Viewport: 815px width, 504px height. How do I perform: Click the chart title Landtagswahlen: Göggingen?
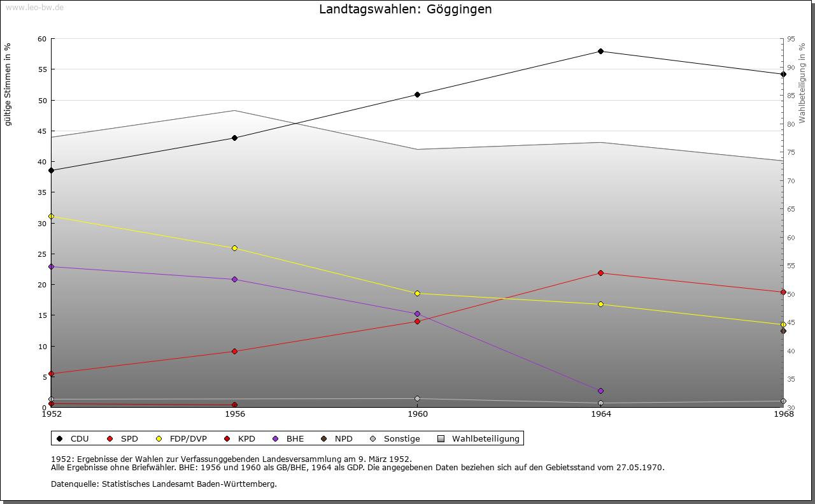tap(405, 10)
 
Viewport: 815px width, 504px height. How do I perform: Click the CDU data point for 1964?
tap(600, 51)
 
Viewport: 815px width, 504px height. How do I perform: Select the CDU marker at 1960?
tap(418, 94)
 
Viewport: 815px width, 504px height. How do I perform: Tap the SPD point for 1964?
tap(600, 273)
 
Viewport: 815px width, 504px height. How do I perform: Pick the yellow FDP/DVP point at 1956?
tap(234, 248)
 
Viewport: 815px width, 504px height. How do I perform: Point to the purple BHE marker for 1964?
tap(600, 391)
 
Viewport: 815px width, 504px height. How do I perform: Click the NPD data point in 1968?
tap(783, 331)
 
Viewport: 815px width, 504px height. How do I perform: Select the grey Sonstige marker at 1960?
tap(418, 399)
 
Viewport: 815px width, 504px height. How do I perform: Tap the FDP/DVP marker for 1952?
tap(52, 216)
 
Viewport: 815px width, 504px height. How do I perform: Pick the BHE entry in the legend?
tap(295, 438)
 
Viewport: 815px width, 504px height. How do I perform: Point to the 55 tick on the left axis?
tap(42, 69)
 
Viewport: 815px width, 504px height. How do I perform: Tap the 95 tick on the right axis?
tap(790, 39)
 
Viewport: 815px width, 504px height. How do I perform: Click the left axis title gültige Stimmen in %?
tap(8, 84)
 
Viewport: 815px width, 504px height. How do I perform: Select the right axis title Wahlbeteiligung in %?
tap(802, 83)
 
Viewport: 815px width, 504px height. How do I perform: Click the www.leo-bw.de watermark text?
tap(34, 7)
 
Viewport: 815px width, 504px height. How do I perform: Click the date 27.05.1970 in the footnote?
tap(640, 467)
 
